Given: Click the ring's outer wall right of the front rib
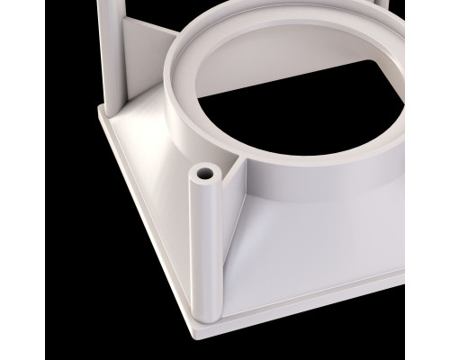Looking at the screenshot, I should point(297,184).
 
